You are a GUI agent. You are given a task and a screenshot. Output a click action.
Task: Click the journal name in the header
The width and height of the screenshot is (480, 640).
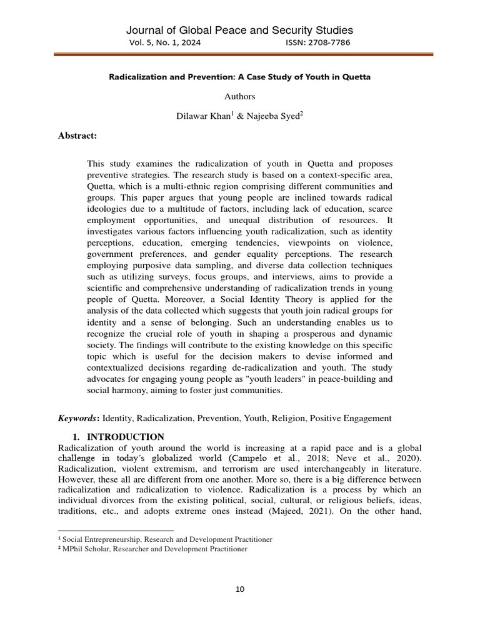coord(240,30)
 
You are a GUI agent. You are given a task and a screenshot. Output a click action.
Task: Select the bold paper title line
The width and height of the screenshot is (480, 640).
coord(240,77)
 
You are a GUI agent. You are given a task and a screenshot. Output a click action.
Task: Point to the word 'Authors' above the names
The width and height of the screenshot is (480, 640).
coord(240,96)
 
